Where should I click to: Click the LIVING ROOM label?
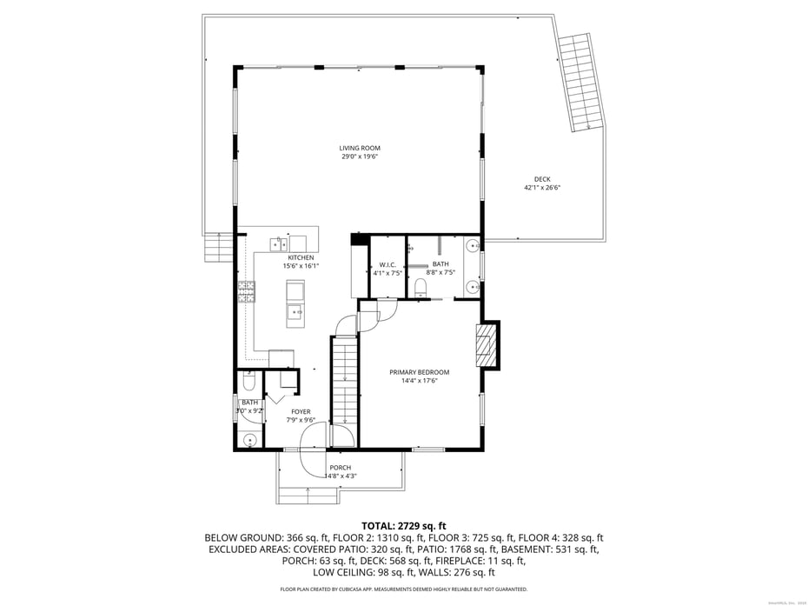coord(359,148)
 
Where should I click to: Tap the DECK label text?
coord(542,179)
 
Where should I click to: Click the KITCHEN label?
coord(301,257)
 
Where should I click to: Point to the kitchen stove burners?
coord(246,292)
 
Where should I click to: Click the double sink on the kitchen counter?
coord(280,243)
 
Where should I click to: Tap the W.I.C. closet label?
coord(387,264)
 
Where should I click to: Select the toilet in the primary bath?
coord(421,287)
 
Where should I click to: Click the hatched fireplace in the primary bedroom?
coord(487,346)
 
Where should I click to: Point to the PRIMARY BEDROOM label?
coord(419,372)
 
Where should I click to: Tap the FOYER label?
coord(301,412)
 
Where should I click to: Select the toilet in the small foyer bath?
coord(248,381)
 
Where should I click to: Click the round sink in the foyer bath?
coord(249,440)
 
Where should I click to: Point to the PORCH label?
coord(341,468)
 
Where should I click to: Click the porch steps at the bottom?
coord(308,496)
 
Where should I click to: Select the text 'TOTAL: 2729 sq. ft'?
coord(403,525)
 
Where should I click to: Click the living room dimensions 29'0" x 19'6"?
coord(359,156)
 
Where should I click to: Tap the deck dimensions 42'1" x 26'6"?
coord(542,188)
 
